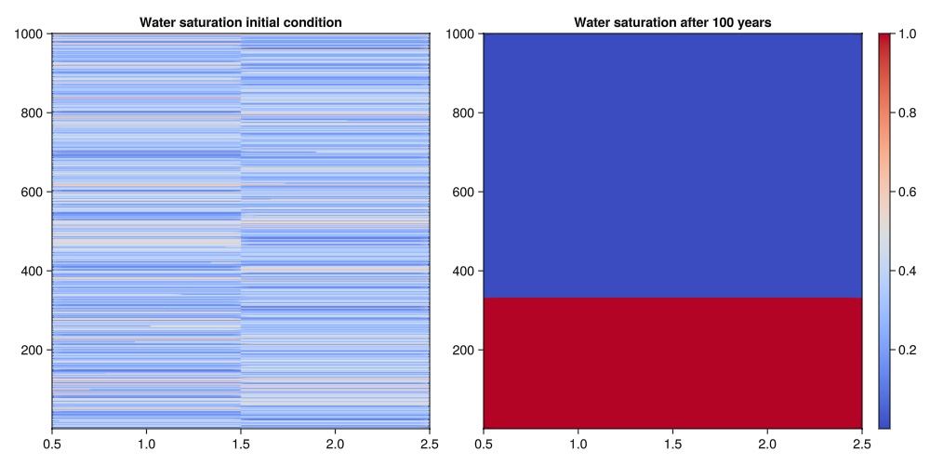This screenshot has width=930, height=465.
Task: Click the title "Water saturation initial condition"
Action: pyautogui.click(x=240, y=21)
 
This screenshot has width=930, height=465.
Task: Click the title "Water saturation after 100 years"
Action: pyautogui.click(x=672, y=21)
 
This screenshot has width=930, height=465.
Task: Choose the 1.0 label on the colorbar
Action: pyautogui.click(x=909, y=34)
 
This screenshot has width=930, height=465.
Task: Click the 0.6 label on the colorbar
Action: pyautogui.click(x=909, y=192)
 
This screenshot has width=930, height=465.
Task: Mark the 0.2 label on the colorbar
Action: pyautogui.click(x=909, y=350)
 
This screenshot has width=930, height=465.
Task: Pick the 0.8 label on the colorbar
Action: pyautogui.click(x=909, y=113)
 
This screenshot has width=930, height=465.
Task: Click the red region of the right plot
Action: pyautogui.click(x=672, y=363)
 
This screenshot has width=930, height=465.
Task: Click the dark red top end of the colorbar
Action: pyautogui.click(x=884, y=39)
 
